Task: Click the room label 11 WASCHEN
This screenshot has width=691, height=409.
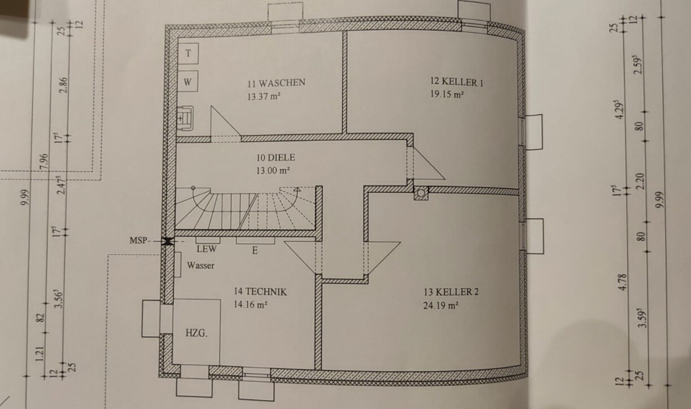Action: click(x=276, y=82)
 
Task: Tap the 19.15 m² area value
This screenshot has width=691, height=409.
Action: click(x=447, y=95)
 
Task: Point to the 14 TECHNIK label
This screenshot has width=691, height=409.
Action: click(x=260, y=292)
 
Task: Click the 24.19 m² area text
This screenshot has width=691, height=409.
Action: click(x=440, y=306)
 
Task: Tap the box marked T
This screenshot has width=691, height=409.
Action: click(x=189, y=53)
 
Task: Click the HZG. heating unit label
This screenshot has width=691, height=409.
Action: click(x=196, y=333)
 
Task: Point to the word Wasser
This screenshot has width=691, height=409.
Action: click(x=201, y=266)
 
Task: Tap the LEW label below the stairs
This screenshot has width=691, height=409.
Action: click(x=207, y=249)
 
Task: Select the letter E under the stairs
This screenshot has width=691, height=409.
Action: click(x=255, y=250)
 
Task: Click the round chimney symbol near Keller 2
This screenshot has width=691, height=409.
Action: click(x=421, y=193)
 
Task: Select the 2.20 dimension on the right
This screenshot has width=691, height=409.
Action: click(x=640, y=181)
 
